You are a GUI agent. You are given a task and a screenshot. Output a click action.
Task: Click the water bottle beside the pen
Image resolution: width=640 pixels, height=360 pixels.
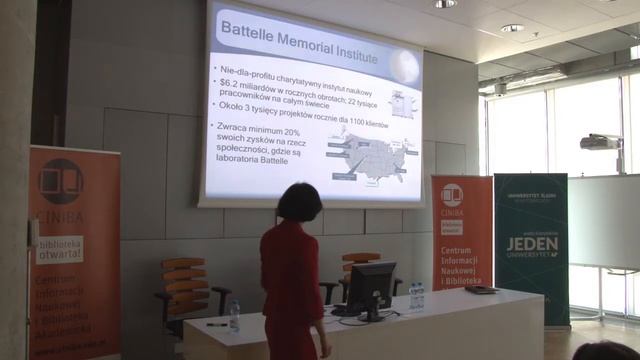234,316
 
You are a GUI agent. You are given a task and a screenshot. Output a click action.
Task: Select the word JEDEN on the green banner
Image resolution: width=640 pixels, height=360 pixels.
531,246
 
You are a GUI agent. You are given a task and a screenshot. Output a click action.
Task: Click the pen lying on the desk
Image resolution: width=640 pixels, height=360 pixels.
217,324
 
